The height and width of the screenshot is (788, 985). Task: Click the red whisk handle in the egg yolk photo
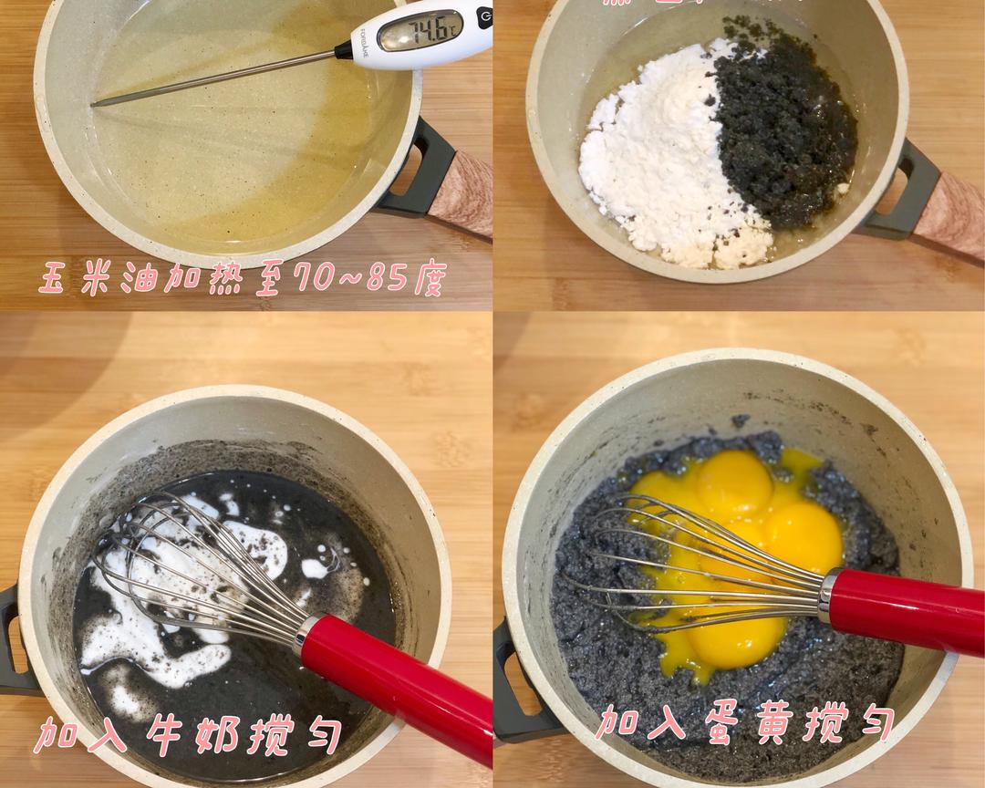(912, 611)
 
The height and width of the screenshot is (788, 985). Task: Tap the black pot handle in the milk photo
(11, 638)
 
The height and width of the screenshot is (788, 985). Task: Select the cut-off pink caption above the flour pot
(702, 4)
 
